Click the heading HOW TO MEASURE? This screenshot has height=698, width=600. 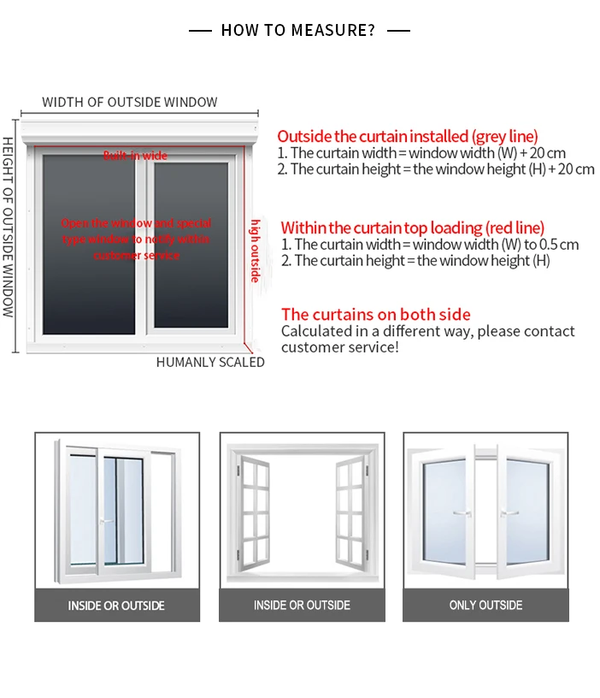click(298, 31)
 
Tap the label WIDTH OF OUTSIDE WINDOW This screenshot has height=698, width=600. click(130, 103)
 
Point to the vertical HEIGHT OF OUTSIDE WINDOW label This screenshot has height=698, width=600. click(8, 227)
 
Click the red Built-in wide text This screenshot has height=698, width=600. click(135, 156)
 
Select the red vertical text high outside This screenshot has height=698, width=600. click(255, 251)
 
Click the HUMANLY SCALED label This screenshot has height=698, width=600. click(210, 362)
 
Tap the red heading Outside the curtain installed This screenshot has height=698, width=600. click(408, 136)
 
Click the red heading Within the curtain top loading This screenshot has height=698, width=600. click(412, 228)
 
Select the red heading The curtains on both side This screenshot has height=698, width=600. click(376, 314)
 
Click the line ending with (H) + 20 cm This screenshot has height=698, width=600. click(436, 169)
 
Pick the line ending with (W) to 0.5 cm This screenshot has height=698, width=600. click(430, 245)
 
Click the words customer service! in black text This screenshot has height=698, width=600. click(340, 347)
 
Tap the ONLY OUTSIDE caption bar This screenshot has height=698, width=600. click(485, 605)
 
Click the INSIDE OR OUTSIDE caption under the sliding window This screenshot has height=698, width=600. click(116, 606)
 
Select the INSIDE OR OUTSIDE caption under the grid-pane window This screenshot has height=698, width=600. click(302, 605)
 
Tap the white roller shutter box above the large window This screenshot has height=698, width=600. click(140, 131)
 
